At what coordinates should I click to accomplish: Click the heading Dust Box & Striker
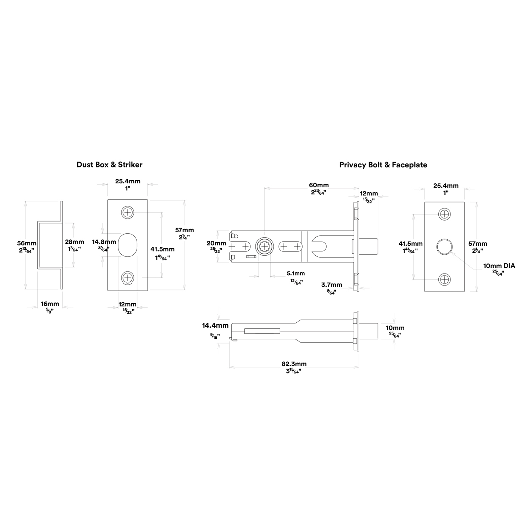(110, 165)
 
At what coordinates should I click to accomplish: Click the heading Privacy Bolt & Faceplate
(383, 165)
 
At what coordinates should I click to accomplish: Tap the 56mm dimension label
(27, 243)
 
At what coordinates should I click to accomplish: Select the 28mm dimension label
(74, 242)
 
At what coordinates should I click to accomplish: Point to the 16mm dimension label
(50, 304)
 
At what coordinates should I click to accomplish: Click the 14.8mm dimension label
(104, 242)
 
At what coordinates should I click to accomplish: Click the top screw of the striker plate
(127, 212)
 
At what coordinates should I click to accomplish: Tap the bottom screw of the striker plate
(127, 277)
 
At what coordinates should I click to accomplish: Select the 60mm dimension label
(319, 185)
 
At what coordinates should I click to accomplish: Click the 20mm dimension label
(216, 243)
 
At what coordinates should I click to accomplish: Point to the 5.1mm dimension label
(296, 273)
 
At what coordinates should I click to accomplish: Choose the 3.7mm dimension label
(332, 285)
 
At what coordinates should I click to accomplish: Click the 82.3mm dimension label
(294, 364)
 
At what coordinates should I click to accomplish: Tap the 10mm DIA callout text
(499, 266)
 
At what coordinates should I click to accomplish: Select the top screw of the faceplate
(444, 214)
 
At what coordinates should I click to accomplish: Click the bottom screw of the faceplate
(444, 279)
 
